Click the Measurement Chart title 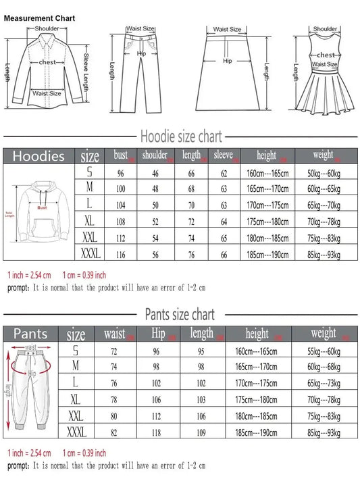pyautogui.click(x=40, y=18)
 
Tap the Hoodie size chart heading pyautogui.click(x=180, y=136)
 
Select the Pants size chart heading pyautogui.click(x=180, y=314)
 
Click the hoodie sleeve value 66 pyautogui.click(x=224, y=253)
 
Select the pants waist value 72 pyautogui.click(x=115, y=351)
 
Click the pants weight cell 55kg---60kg pyautogui.click(x=324, y=351)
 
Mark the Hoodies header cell pyautogui.click(x=39, y=156)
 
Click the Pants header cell pyautogui.click(x=31, y=334)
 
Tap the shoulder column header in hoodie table pyautogui.click(x=155, y=155)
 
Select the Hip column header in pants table pyautogui.click(x=159, y=333)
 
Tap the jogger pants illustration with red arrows pyautogui.click(x=31, y=388)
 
